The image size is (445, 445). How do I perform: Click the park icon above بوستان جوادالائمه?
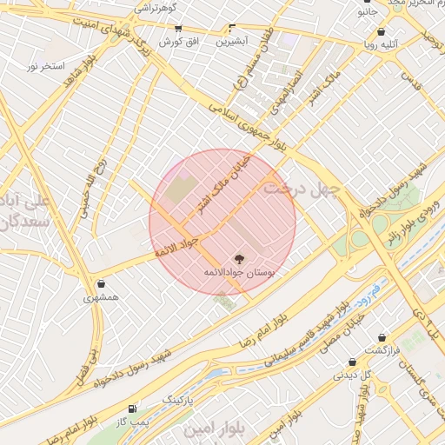click(239, 258)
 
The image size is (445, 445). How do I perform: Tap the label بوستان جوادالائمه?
click(238, 273)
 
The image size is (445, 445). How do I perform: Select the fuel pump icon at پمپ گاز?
click(132, 408)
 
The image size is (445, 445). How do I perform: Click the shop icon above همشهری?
click(102, 283)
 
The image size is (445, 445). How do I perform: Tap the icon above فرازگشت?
click(382, 337)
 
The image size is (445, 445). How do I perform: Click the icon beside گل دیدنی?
click(352, 362)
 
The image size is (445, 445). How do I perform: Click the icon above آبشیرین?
click(231, 28)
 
